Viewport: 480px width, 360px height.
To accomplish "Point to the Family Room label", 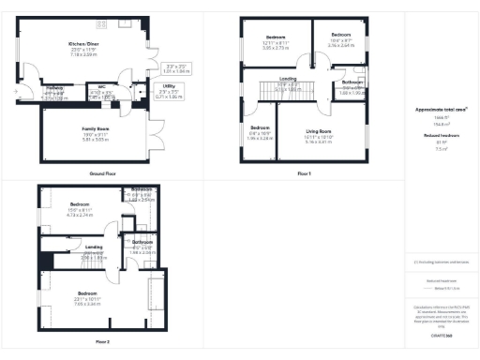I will [x=96, y=128].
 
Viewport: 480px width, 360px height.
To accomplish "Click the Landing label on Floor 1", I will [x=288, y=79].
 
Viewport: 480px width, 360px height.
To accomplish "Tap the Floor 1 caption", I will [x=303, y=174].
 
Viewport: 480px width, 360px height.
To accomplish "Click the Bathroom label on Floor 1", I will [x=352, y=82].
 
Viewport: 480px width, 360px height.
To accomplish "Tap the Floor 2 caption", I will [x=102, y=341].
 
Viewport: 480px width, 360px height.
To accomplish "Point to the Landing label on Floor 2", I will [x=94, y=247].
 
